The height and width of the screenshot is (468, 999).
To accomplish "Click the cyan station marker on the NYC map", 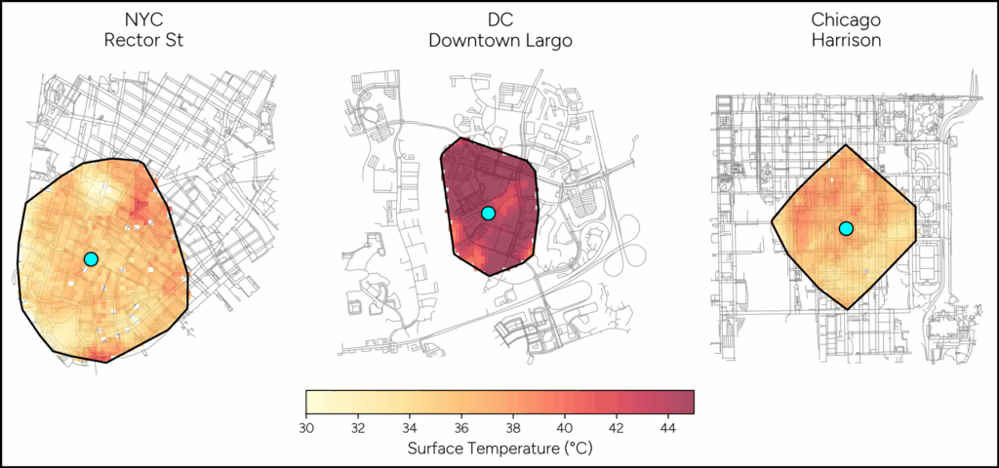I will [x=91, y=258].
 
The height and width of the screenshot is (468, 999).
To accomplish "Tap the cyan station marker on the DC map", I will [x=488, y=213].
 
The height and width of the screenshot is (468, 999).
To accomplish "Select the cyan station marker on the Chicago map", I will [x=846, y=228].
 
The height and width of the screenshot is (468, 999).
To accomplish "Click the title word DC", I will [x=499, y=20].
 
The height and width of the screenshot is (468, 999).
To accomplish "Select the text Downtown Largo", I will [x=499, y=42].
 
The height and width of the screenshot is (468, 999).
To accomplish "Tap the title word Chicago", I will [x=846, y=20].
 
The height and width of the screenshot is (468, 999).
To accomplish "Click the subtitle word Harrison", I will [x=846, y=42].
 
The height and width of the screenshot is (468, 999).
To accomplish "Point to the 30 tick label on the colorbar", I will [x=306, y=428].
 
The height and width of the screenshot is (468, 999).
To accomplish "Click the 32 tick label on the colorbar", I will [x=358, y=428].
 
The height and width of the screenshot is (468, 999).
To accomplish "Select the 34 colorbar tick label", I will [x=410, y=428].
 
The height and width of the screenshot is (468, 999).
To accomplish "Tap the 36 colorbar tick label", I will [x=461, y=428].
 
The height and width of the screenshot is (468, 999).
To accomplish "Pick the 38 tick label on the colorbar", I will [x=513, y=428].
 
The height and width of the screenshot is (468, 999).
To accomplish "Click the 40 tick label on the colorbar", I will [x=565, y=428].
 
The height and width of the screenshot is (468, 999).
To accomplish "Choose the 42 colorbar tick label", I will [x=617, y=428].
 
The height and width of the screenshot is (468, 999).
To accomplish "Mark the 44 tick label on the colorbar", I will [x=668, y=428].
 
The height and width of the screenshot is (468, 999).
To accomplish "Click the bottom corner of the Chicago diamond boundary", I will [x=848, y=310].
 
